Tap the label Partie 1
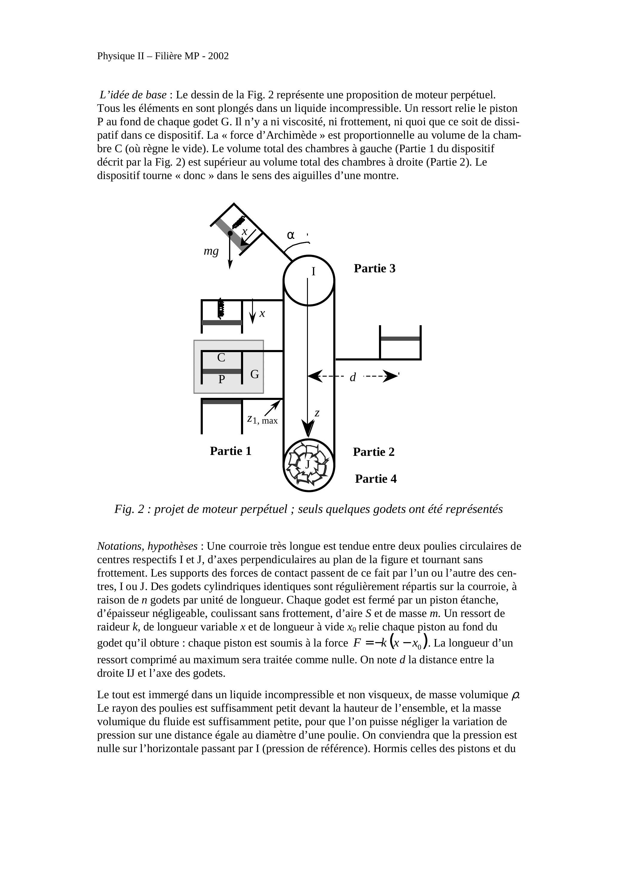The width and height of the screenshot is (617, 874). click(231, 451)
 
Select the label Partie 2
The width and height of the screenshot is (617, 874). click(374, 452)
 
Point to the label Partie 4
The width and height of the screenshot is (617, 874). click(375, 479)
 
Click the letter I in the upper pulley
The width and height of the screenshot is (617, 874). click(314, 271)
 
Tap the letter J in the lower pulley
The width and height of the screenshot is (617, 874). click(308, 464)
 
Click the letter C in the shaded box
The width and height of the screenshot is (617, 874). click(221, 357)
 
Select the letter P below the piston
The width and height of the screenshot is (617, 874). click(221, 379)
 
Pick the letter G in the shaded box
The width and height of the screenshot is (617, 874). click(254, 375)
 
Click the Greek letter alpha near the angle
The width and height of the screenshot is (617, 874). click(291, 235)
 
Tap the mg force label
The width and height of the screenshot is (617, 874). click(211, 251)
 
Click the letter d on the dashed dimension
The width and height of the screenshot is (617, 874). click(353, 377)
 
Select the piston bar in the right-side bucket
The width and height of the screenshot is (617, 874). click(400, 338)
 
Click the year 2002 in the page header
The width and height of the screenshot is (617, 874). click(218, 56)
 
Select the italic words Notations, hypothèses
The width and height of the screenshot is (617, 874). click(147, 546)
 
